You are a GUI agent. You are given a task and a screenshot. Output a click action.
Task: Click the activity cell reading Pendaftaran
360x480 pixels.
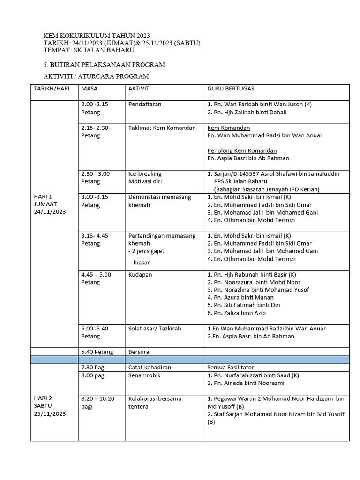(x=145, y=104)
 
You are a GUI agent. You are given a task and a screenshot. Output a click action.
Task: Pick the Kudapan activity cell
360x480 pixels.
(x=140, y=274)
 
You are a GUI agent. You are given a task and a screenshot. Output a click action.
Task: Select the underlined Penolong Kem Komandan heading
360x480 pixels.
(x=242, y=150)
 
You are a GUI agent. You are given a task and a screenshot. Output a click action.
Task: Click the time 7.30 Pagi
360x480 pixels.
(x=93, y=367)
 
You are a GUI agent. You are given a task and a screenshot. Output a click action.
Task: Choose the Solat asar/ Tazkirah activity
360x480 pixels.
(x=156, y=329)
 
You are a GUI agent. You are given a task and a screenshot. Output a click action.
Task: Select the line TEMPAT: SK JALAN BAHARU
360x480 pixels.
(x=89, y=50)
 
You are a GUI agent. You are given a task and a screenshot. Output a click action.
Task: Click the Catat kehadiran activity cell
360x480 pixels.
(x=150, y=367)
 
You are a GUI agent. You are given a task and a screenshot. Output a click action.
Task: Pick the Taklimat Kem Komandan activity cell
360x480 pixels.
(x=162, y=127)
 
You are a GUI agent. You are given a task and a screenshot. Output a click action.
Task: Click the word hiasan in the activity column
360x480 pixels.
(x=142, y=262)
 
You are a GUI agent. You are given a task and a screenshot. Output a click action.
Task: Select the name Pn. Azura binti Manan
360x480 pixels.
(x=237, y=297)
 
